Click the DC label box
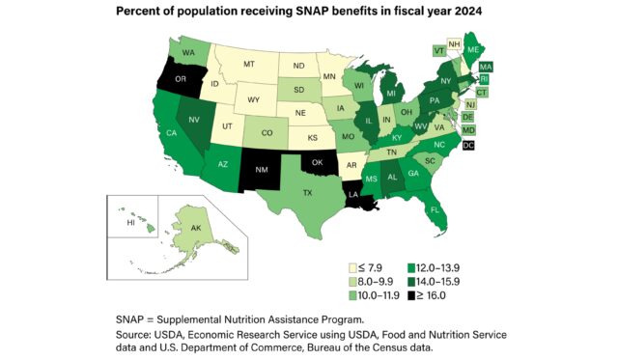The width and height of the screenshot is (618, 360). [x=468, y=145]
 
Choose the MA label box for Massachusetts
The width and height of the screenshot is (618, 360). [x=486, y=66]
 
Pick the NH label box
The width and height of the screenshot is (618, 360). [x=480, y=42]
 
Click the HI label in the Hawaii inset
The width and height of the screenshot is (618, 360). [x=129, y=221]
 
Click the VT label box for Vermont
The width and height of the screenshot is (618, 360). [x=439, y=50]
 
